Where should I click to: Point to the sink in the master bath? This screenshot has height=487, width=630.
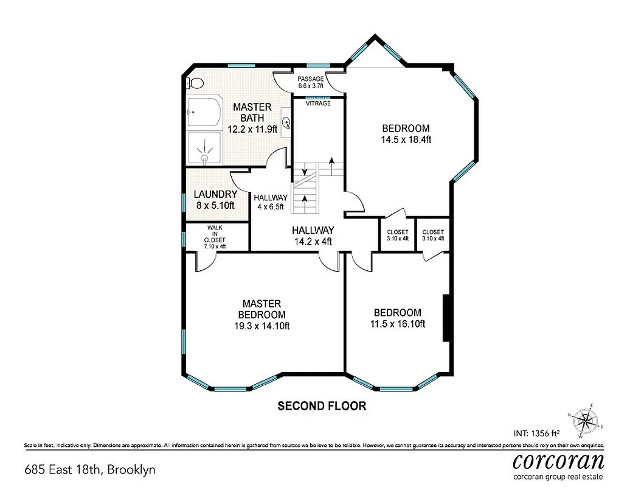[286, 122]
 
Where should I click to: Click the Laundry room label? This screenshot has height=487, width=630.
[215, 200]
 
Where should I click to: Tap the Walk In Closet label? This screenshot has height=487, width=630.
[215, 236]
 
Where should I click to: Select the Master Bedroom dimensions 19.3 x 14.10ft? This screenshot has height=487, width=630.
[261, 326]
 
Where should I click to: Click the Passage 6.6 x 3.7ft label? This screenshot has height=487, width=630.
[310, 82]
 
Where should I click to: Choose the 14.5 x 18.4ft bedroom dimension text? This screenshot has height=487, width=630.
[406, 139]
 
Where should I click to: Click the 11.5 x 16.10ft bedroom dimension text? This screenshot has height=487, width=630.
[397, 324]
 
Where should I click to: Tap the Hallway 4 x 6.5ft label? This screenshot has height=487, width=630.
[271, 202]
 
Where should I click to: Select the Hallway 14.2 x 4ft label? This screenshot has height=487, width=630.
[313, 236]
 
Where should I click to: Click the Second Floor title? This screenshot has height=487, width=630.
[322, 405]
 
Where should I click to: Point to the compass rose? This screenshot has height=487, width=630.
[586, 420]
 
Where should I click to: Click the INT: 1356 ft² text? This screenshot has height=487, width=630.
[537, 433]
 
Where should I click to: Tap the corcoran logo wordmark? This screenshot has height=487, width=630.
[558, 460]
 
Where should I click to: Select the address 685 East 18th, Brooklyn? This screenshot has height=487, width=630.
[89, 469]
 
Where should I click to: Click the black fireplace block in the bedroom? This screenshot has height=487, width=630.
[446, 318]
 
